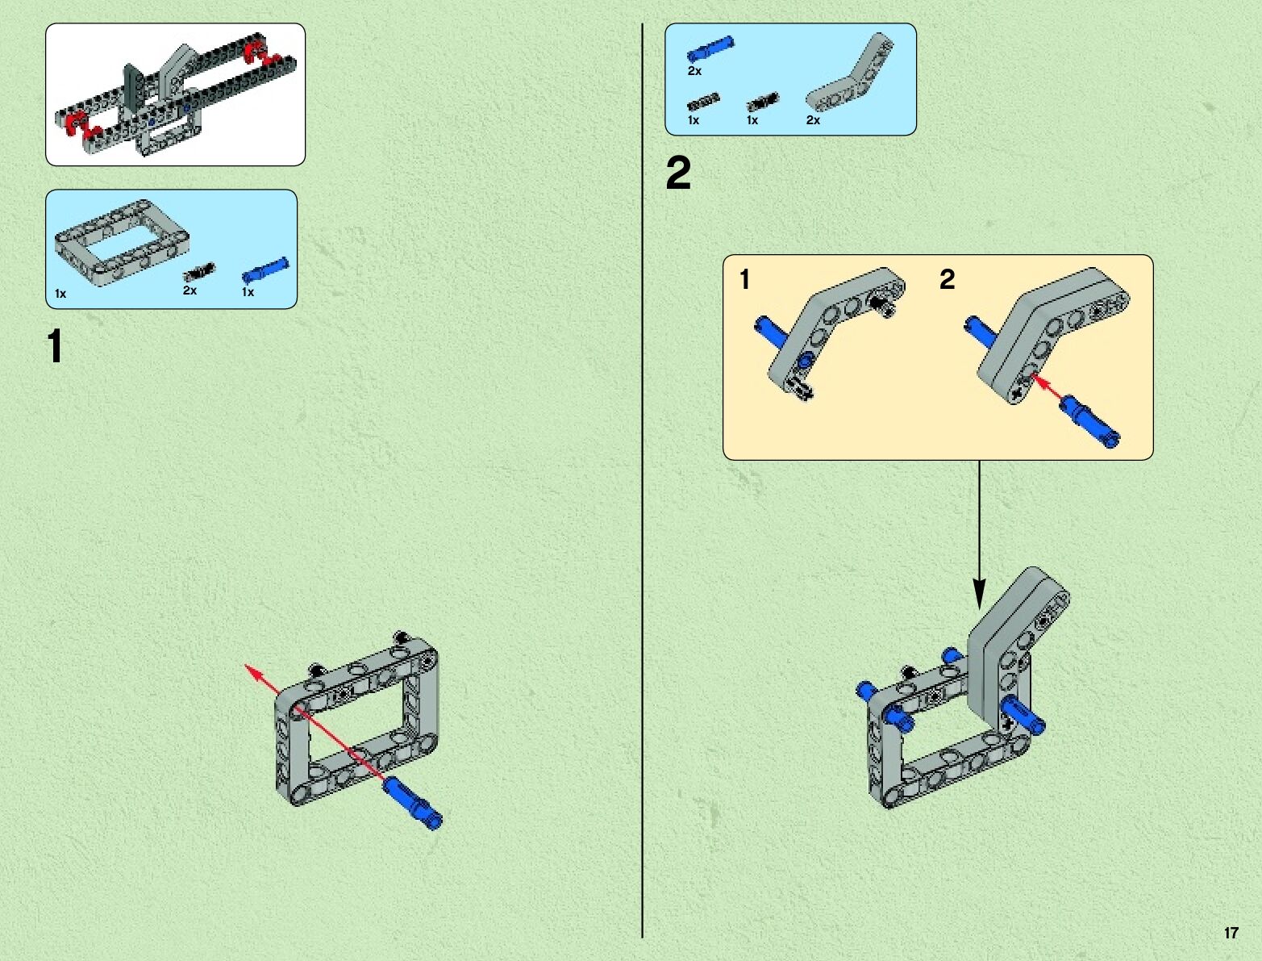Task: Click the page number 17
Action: tap(1231, 933)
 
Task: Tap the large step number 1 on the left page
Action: tap(55, 346)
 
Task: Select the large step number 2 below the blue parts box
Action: tap(678, 174)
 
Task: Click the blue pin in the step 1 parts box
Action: tap(265, 269)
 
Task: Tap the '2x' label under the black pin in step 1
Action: tap(190, 290)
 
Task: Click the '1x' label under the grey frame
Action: tap(60, 294)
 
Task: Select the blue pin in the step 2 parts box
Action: tap(710, 49)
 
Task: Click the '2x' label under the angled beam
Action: tap(813, 120)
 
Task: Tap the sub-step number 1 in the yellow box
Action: tap(744, 279)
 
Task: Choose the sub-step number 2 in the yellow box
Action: tap(947, 279)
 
